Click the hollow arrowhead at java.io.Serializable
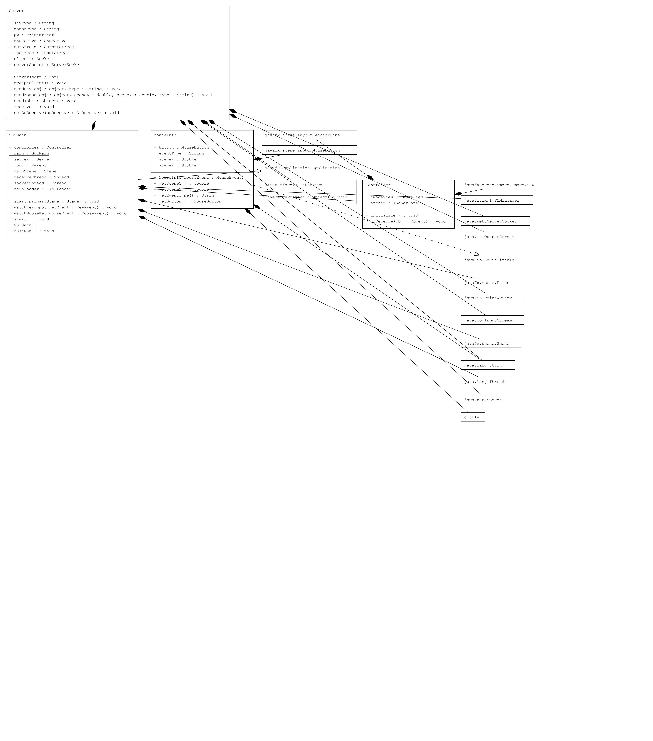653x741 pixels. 477,254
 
